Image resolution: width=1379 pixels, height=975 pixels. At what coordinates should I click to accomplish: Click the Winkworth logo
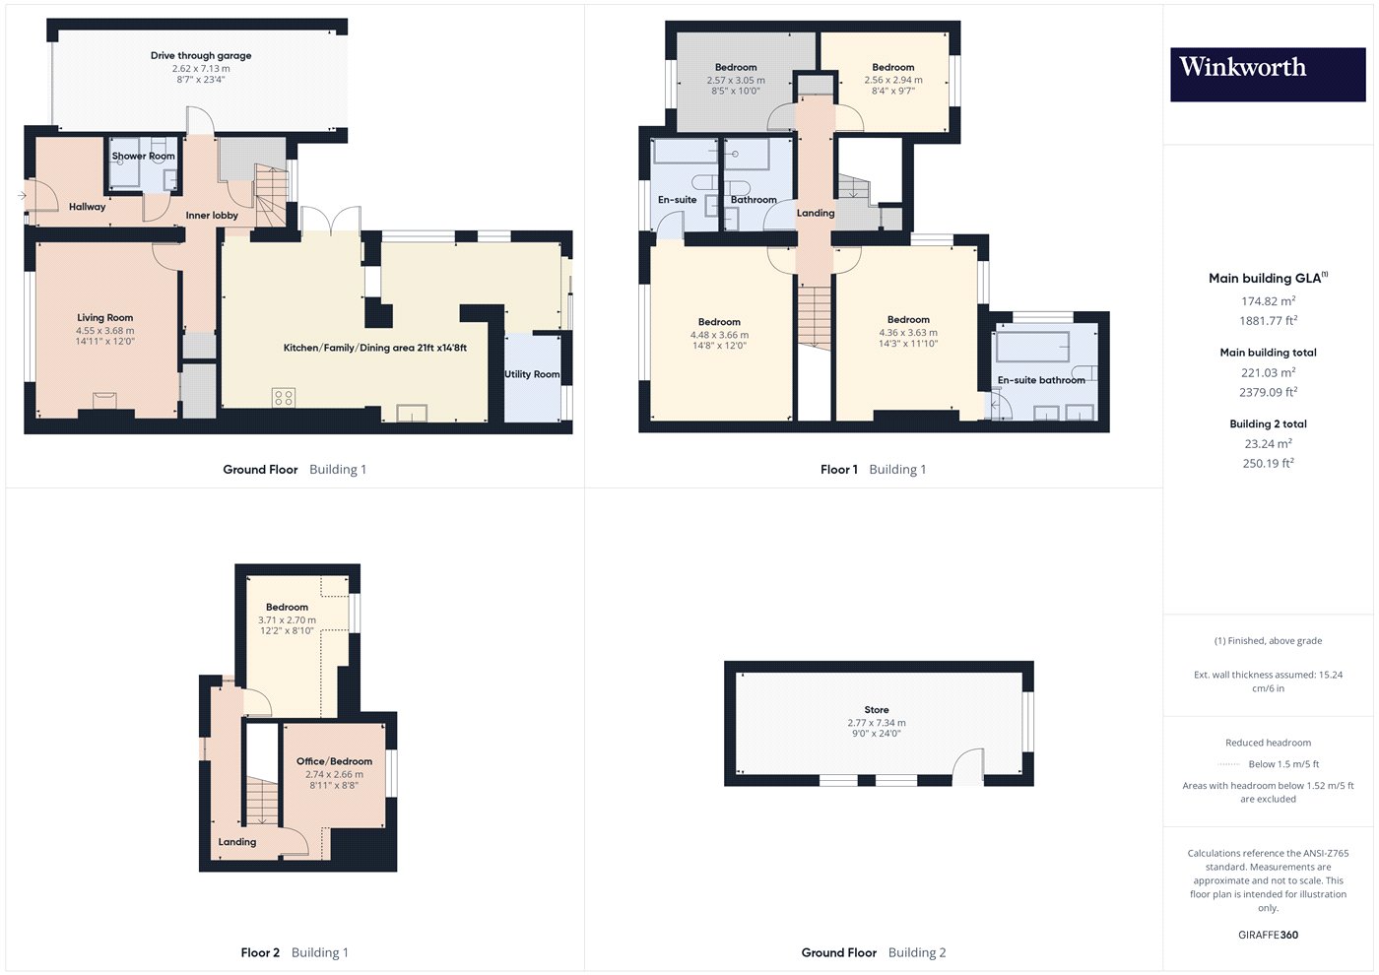click(1268, 75)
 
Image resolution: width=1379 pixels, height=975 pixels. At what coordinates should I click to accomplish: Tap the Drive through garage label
click(201, 55)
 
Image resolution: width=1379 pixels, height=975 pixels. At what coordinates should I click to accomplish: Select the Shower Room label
click(144, 156)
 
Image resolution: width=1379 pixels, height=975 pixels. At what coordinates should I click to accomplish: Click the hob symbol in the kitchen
click(284, 398)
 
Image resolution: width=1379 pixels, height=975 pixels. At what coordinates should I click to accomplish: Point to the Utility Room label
click(532, 374)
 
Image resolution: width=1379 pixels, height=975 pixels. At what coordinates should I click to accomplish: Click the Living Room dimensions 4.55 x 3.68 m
click(104, 331)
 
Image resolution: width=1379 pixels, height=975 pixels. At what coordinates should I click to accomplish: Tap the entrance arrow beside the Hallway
click(22, 196)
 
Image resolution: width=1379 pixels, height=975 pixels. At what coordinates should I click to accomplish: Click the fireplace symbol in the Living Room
click(104, 400)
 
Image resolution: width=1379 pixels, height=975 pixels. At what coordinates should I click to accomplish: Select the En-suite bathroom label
click(1041, 380)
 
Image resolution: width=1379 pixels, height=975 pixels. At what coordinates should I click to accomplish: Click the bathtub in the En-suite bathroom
click(1032, 347)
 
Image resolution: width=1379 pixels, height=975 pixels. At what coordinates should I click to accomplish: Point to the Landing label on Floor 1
click(816, 213)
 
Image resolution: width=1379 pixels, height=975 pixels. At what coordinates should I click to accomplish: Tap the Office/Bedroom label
click(334, 760)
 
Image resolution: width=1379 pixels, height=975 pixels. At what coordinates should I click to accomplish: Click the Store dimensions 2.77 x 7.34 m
click(876, 723)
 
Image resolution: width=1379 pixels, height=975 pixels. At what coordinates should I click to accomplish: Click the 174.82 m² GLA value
click(1268, 301)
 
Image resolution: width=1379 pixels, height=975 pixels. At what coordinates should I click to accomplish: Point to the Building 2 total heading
click(1268, 423)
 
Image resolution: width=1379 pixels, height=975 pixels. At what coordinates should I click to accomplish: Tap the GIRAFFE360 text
click(1268, 935)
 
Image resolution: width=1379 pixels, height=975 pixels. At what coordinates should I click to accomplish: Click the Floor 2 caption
click(260, 952)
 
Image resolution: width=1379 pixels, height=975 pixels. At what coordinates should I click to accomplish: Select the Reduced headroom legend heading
click(1268, 743)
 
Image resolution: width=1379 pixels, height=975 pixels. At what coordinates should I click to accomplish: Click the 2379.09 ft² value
click(1268, 392)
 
